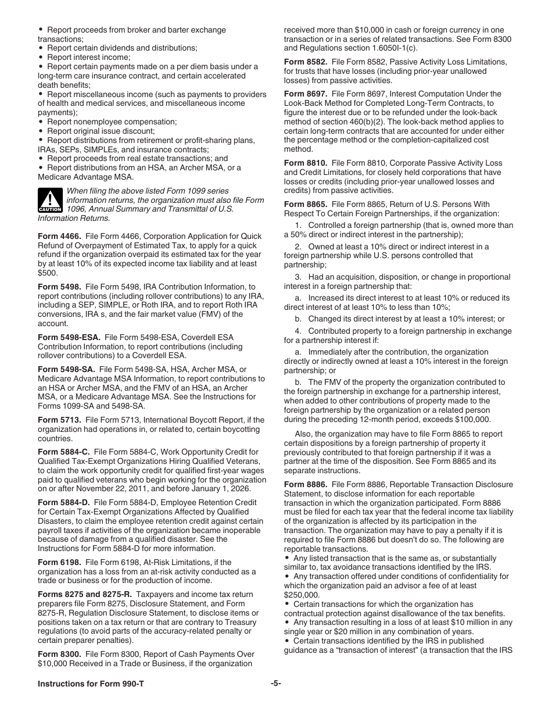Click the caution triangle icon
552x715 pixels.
[50, 199]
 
